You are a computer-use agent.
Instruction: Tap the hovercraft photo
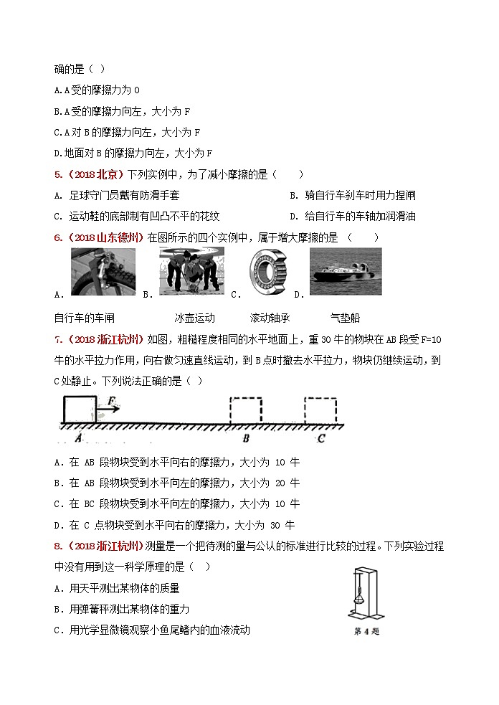(x=346, y=271)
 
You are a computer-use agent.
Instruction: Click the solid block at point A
(x=80, y=409)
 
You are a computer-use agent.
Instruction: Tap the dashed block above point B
(x=246, y=409)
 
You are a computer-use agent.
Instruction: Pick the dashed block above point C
(x=320, y=409)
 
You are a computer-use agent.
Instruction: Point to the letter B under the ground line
(x=245, y=437)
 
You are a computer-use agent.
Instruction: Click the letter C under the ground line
(x=321, y=437)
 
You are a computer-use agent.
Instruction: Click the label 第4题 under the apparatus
(x=366, y=631)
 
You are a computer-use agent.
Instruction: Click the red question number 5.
(x=57, y=174)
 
